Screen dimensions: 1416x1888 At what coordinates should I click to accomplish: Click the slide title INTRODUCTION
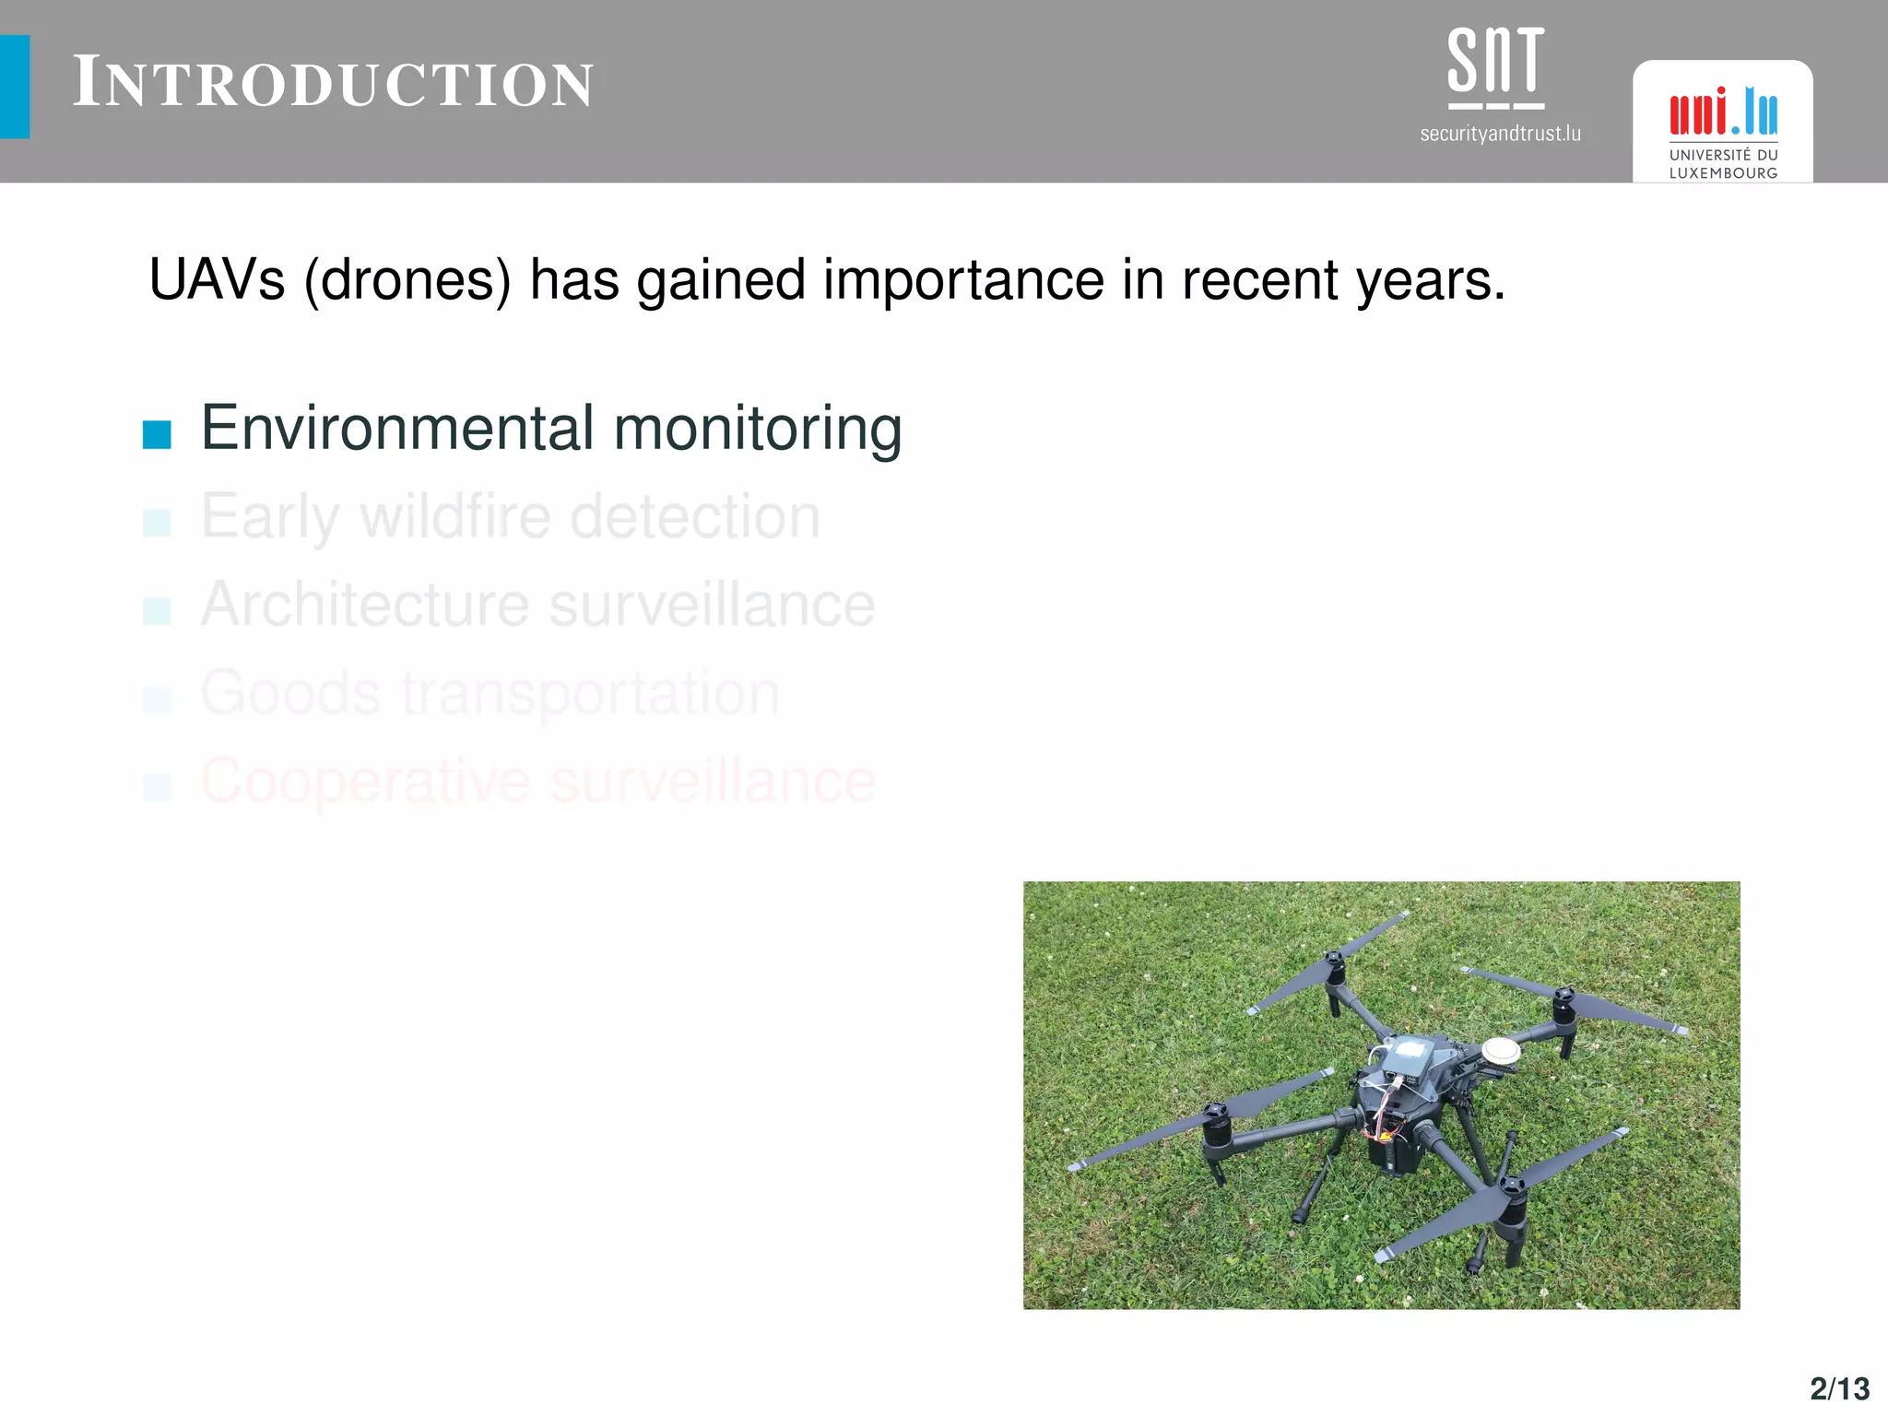[333, 83]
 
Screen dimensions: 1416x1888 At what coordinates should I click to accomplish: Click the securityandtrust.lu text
[1500, 135]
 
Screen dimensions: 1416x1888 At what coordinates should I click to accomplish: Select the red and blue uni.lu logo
[1723, 112]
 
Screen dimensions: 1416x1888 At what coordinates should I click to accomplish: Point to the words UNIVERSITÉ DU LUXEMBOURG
[1723, 164]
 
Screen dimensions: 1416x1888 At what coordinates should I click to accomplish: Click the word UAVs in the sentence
[217, 279]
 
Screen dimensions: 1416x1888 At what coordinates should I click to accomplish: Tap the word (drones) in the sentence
[407, 281]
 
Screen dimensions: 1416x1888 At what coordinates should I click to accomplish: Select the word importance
[963, 281]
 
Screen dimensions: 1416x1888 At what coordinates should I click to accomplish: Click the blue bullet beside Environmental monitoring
[157, 434]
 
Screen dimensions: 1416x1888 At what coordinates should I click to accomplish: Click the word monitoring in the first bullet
[757, 431]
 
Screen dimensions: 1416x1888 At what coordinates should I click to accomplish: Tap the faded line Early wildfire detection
[510, 517]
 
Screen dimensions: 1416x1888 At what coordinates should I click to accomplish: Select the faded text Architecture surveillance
[537, 606]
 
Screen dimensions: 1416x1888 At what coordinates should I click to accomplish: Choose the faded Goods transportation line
[490, 693]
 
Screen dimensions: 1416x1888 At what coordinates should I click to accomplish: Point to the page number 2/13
[1839, 1388]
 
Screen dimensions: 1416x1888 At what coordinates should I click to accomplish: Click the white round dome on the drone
[1501, 1050]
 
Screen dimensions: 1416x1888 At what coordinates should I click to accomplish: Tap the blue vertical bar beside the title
[15, 87]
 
